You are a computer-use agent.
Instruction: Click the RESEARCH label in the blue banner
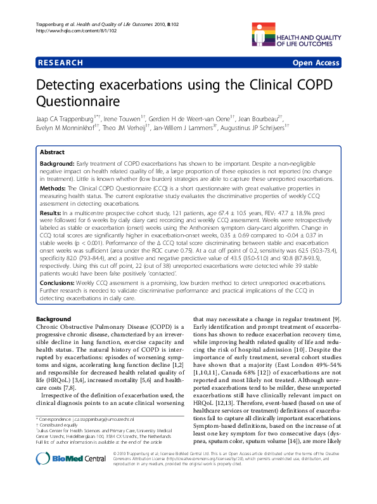(x=61, y=63)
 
